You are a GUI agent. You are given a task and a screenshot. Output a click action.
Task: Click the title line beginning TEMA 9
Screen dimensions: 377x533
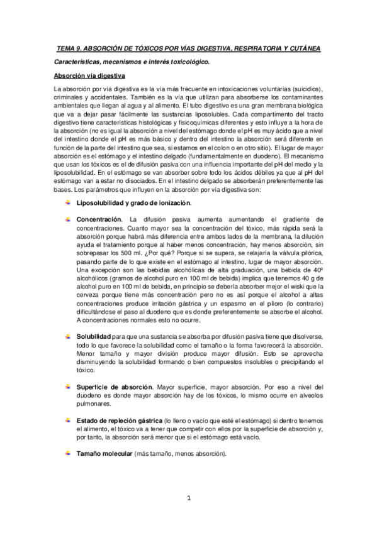(x=188, y=48)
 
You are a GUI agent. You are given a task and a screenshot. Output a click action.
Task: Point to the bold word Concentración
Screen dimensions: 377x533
(x=99, y=217)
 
